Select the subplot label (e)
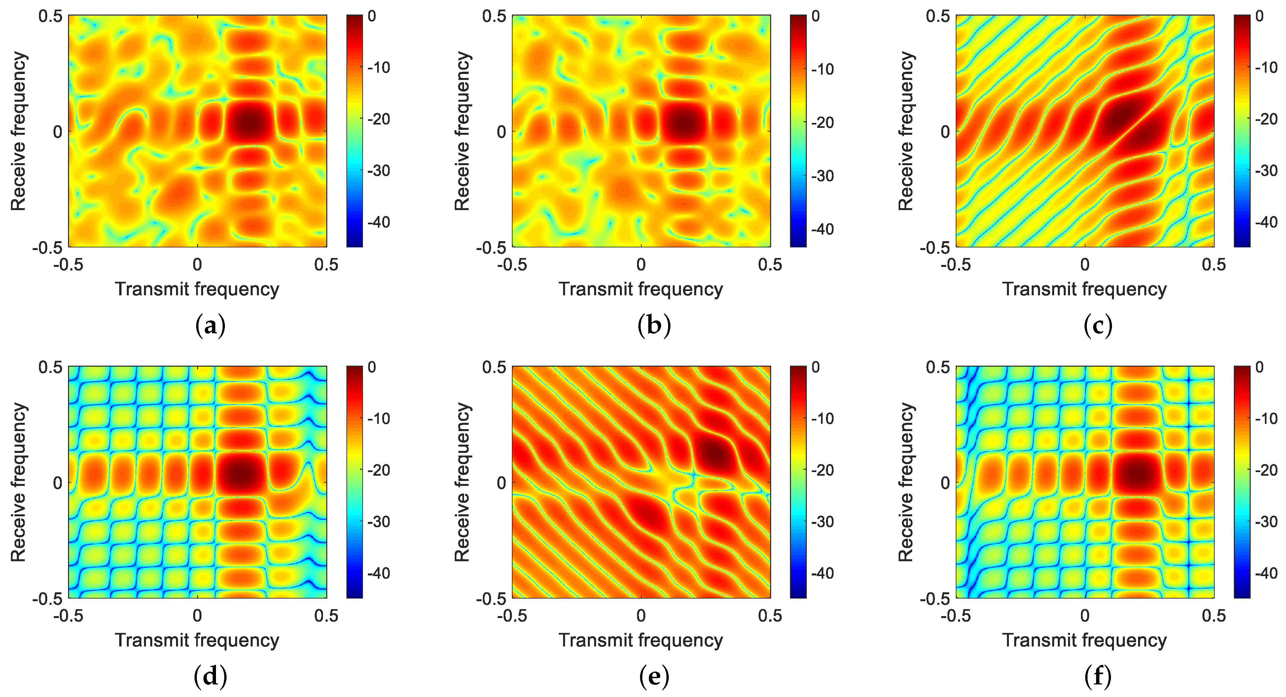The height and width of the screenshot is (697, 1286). pos(654,677)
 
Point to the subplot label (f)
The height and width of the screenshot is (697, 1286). pos(1098,677)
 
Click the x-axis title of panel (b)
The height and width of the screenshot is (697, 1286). pos(640,289)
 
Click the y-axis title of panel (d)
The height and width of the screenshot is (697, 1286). pos(18,482)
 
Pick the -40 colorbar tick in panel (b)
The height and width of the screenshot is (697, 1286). pos(822,229)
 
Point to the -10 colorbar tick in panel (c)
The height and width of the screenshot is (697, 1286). pos(1266,67)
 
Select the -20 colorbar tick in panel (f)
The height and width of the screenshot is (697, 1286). pos(1266,470)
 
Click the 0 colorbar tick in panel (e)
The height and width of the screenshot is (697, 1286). pos(815,367)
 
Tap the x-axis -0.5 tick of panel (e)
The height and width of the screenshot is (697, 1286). pos(512,616)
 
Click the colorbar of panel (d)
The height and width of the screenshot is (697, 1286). pos(354,482)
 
